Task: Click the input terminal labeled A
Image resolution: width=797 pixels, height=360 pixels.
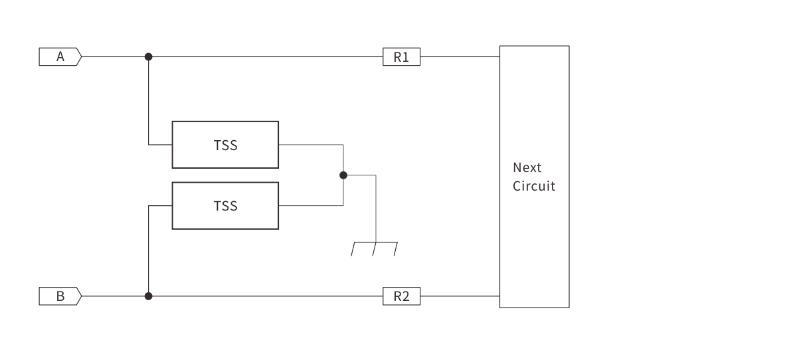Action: (60, 57)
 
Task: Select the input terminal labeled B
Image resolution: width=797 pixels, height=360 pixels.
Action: (60, 296)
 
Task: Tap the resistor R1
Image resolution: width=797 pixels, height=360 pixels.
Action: (402, 57)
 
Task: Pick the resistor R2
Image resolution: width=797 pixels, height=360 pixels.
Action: (402, 296)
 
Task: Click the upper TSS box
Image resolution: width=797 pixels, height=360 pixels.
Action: (225, 145)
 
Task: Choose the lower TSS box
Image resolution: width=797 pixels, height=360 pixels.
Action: (225, 206)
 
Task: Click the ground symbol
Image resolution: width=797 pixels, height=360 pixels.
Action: (375, 249)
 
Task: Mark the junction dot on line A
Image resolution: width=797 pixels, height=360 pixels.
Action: (148, 57)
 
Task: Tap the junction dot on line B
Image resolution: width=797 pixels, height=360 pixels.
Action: (148, 296)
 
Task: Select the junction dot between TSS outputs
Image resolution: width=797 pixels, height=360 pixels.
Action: (343, 175)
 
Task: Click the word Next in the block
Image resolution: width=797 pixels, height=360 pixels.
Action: (527, 167)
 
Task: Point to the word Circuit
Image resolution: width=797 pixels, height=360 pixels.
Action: (533, 186)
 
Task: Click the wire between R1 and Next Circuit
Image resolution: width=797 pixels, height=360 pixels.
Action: (460, 57)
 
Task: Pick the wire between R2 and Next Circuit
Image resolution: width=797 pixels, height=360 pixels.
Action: (460, 296)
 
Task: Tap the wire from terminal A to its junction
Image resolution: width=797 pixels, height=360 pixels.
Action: (113, 57)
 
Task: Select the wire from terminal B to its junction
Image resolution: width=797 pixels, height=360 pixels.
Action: (113, 296)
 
